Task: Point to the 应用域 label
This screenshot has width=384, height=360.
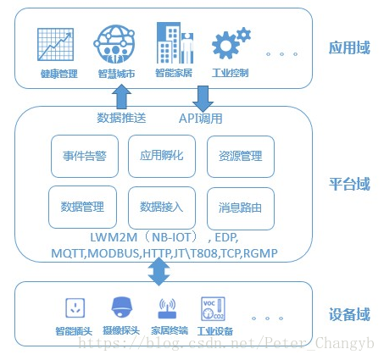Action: point(348,47)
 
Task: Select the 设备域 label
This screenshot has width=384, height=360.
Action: point(348,315)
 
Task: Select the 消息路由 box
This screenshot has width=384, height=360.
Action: point(240,207)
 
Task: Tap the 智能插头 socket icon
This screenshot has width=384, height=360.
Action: point(73,307)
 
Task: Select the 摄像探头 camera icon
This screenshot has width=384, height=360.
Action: point(120,307)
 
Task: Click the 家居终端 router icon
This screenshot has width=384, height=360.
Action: point(165,307)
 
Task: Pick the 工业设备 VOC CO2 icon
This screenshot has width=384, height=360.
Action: point(212,307)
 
